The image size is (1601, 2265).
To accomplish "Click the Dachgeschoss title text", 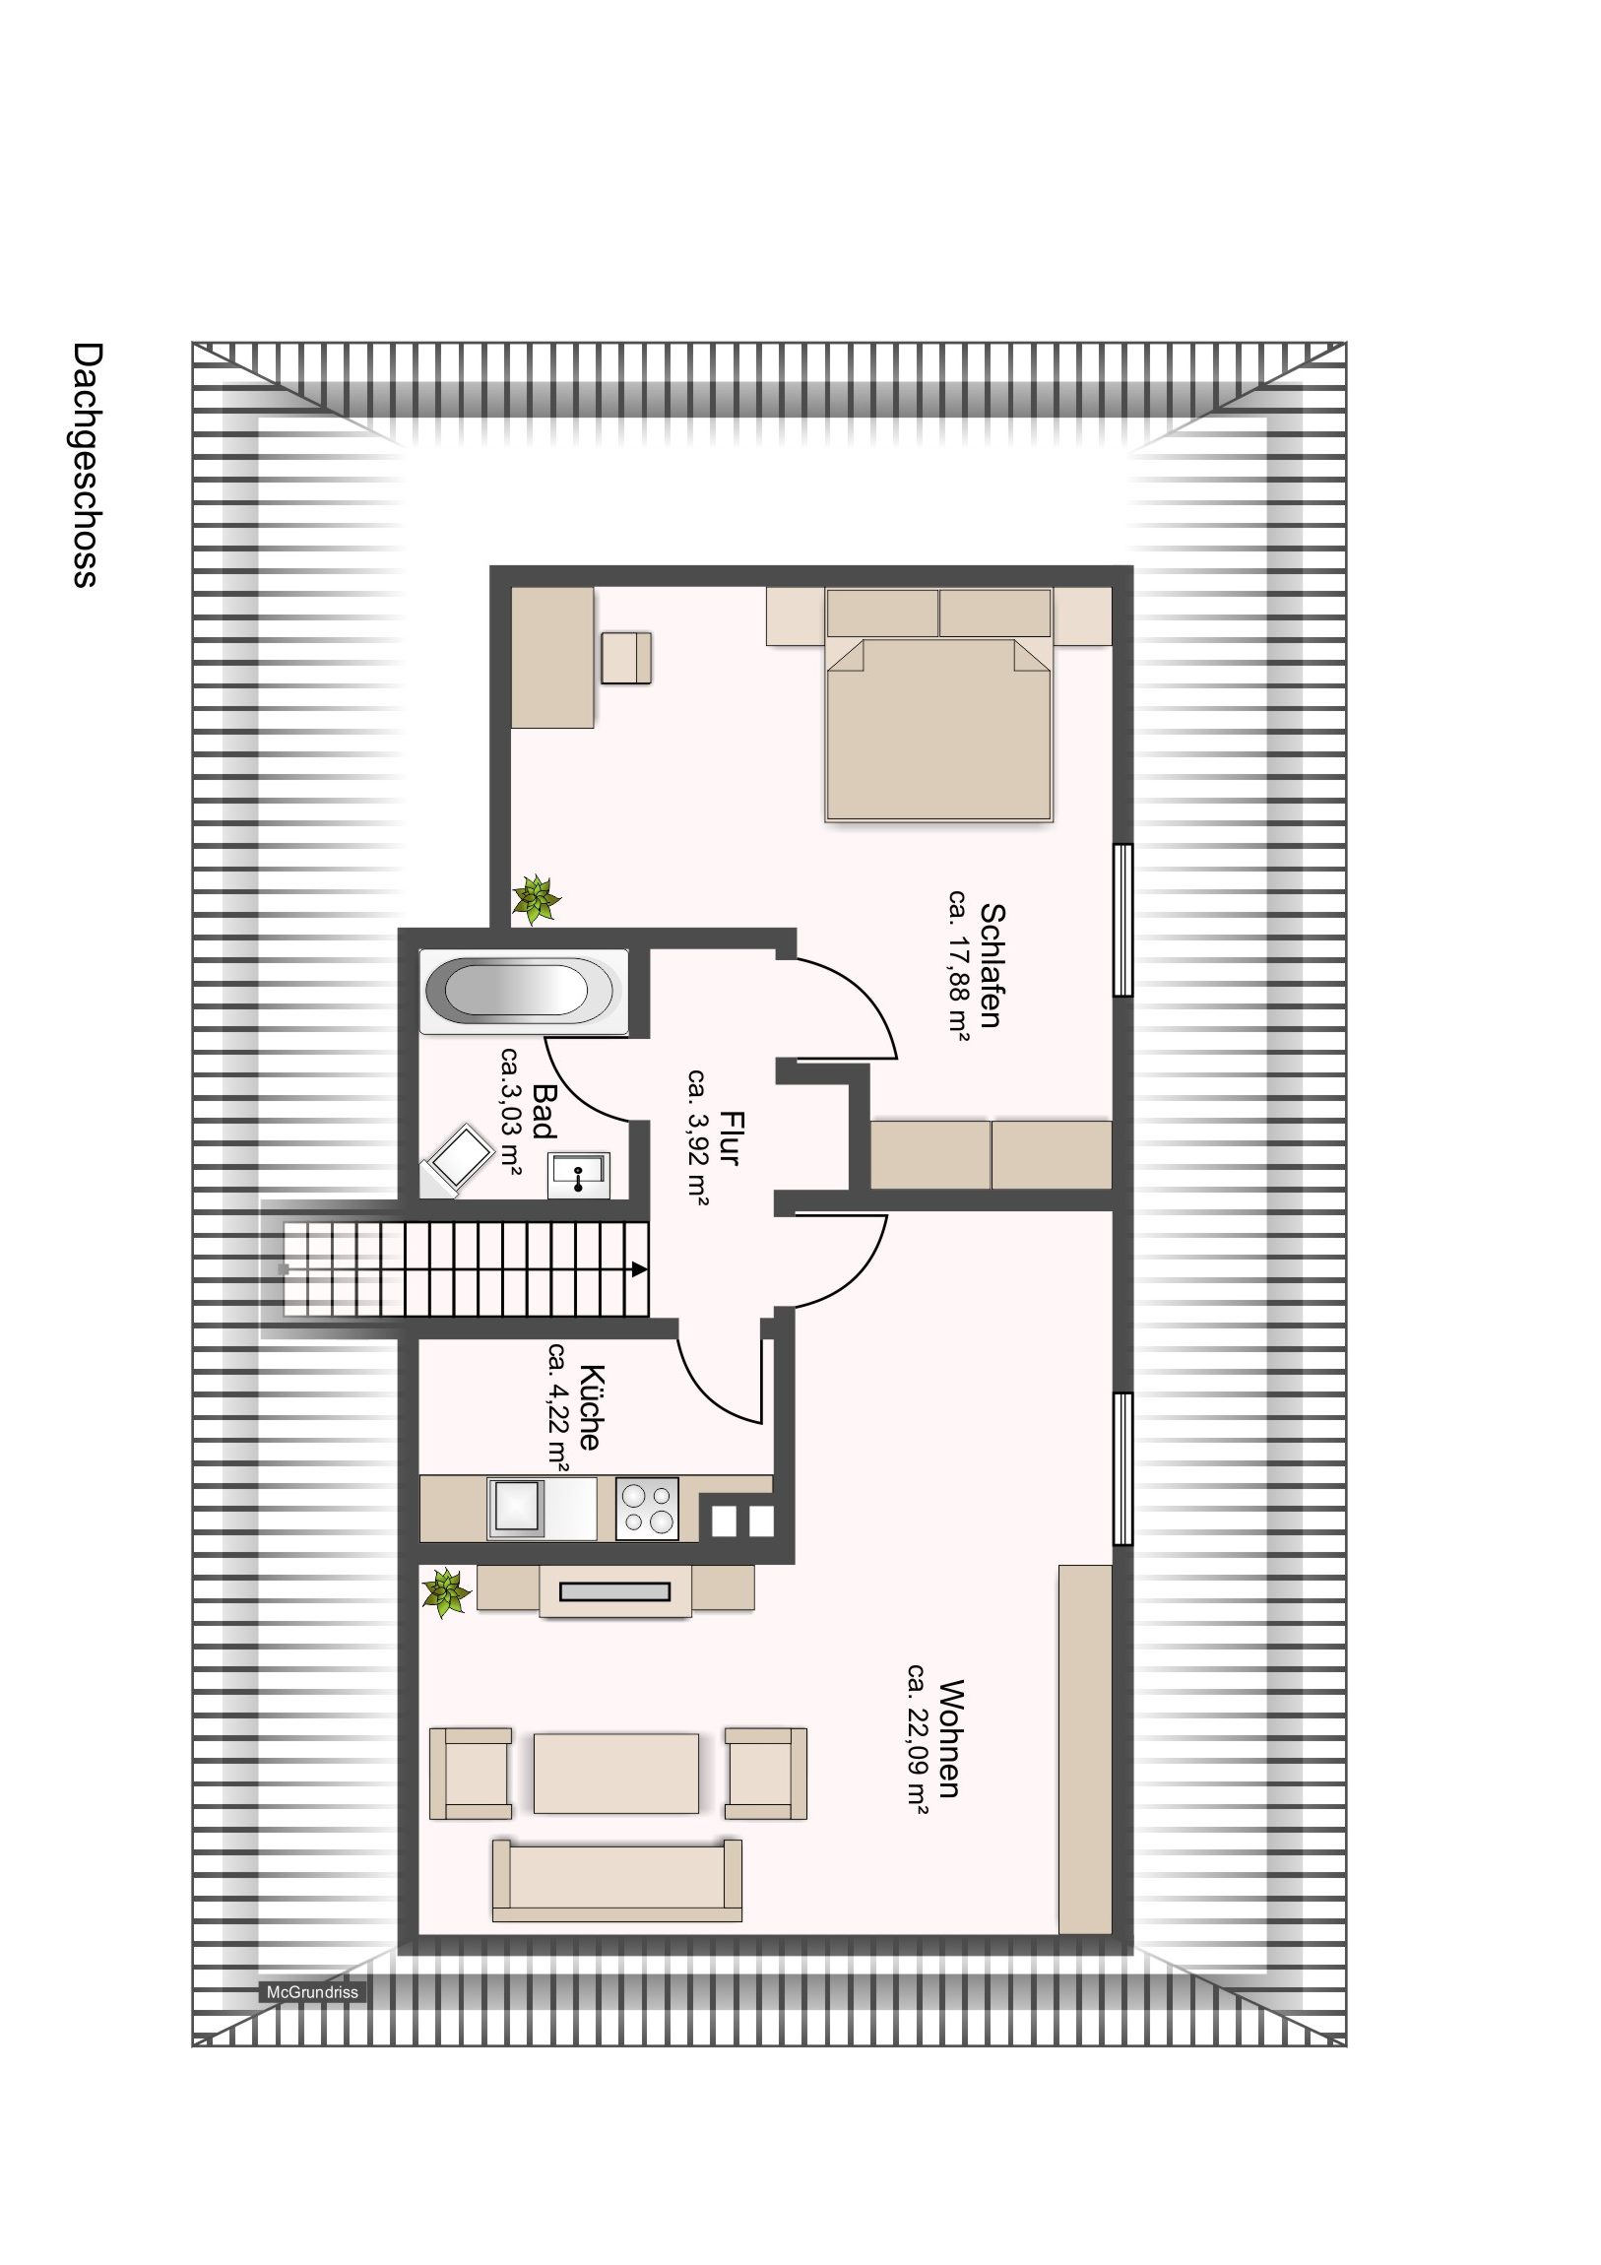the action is click(x=87, y=465).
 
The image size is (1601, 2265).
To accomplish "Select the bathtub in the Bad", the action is click(x=524, y=991).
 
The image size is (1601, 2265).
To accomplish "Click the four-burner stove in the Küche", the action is click(x=647, y=1509).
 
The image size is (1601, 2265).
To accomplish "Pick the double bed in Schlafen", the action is click(x=938, y=704).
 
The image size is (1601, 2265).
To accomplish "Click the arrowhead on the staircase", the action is click(x=640, y=1268).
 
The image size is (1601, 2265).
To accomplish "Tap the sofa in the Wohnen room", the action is click(x=616, y=1879).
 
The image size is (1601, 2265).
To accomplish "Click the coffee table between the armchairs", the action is click(x=616, y=1773).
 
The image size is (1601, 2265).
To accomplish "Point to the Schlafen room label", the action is click(x=992, y=966).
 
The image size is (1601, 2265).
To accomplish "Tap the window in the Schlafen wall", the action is click(x=1122, y=920).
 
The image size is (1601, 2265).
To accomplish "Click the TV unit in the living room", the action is click(x=615, y=1590).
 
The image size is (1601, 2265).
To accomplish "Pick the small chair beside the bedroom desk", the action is click(x=626, y=657).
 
